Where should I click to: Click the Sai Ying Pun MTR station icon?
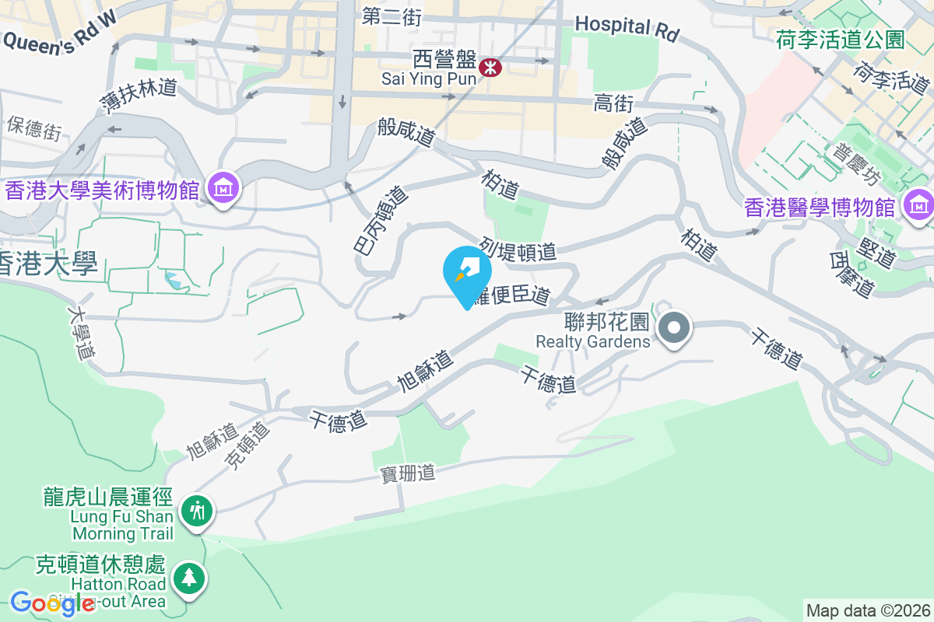490,67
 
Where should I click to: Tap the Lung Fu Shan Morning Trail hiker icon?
197,511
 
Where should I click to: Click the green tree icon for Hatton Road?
188,578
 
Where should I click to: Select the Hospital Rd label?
627,28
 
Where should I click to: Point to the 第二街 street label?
392,16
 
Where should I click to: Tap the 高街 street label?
613,103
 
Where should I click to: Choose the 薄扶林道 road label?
139,97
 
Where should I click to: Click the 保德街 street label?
34,128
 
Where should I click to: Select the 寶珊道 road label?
407,473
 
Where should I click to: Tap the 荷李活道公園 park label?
840,40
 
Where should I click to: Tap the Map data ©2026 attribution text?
868,610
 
